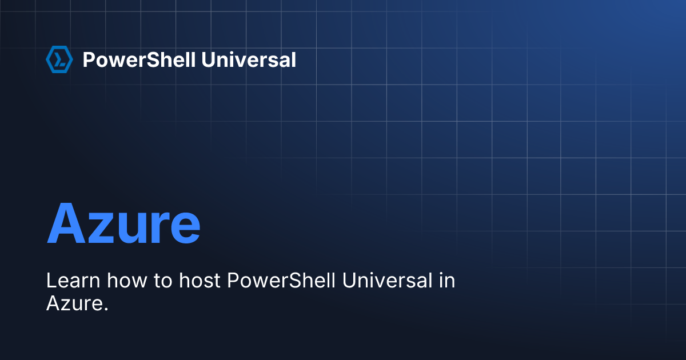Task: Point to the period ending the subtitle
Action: pyautogui.click(x=106, y=310)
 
